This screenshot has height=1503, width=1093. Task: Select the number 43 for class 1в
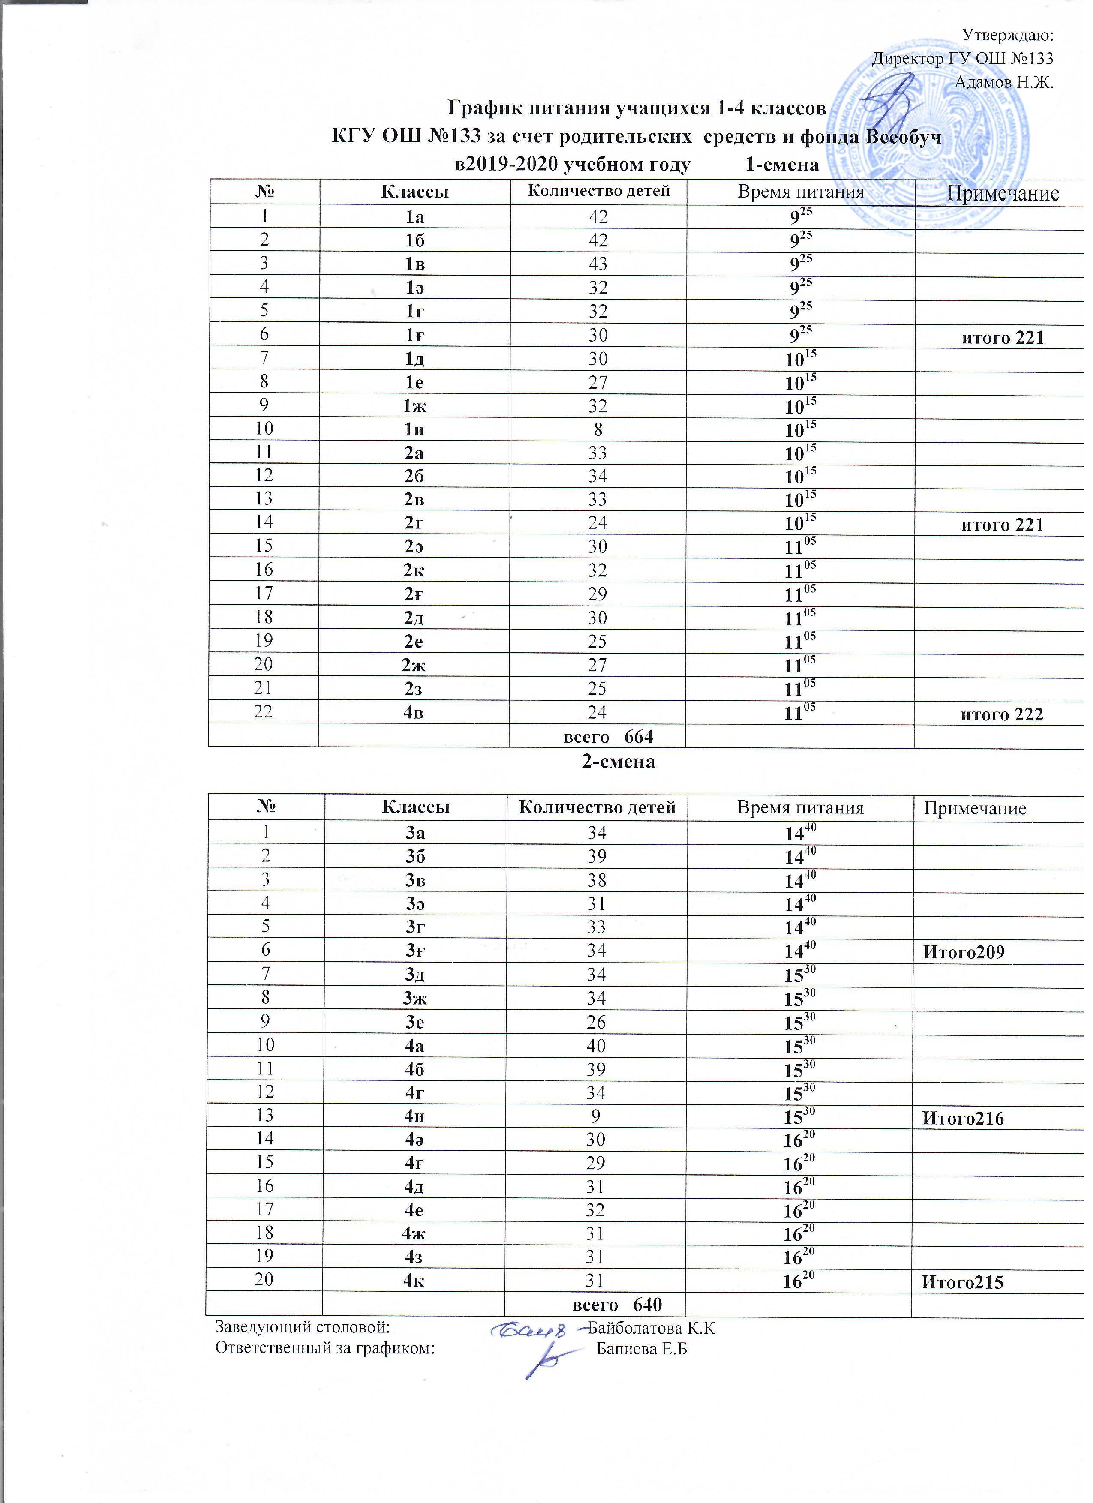[x=598, y=264]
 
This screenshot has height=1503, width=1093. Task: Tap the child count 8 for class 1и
[x=598, y=429]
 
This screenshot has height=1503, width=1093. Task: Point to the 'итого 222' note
[x=1002, y=714]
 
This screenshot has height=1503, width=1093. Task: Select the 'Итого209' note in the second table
[x=964, y=952]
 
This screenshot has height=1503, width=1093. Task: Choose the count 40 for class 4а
[x=597, y=1045]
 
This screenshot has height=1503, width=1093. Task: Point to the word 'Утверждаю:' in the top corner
[x=1007, y=34]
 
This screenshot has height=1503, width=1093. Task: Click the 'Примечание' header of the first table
[x=1002, y=194]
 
